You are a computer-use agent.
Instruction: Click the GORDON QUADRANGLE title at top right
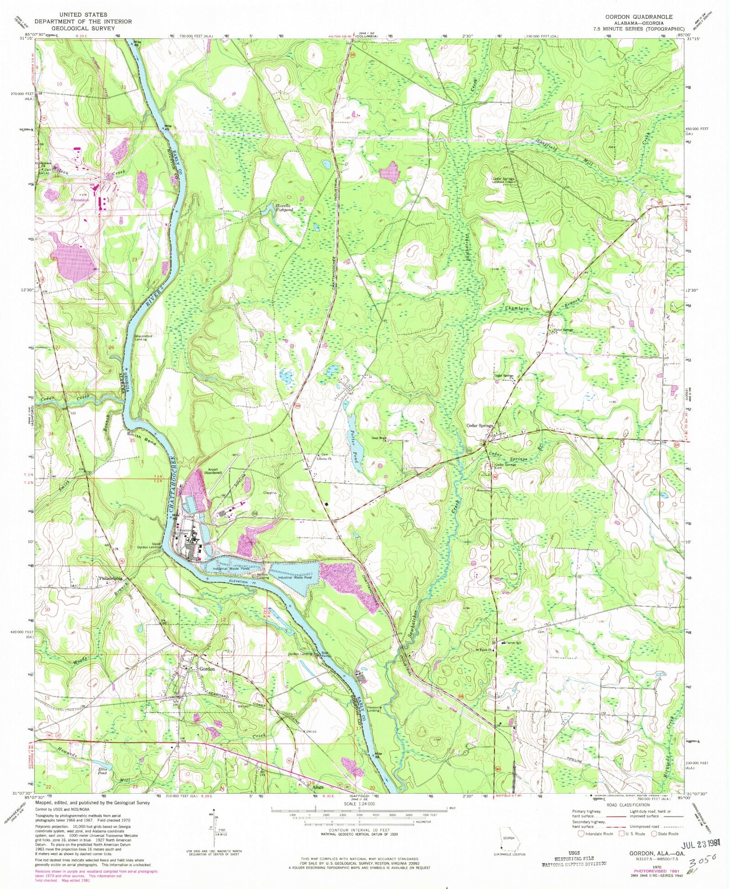(639, 17)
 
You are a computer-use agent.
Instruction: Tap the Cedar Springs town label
(479, 425)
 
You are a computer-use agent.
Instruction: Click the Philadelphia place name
(112, 578)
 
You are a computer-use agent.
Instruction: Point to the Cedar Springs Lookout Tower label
(503, 180)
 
